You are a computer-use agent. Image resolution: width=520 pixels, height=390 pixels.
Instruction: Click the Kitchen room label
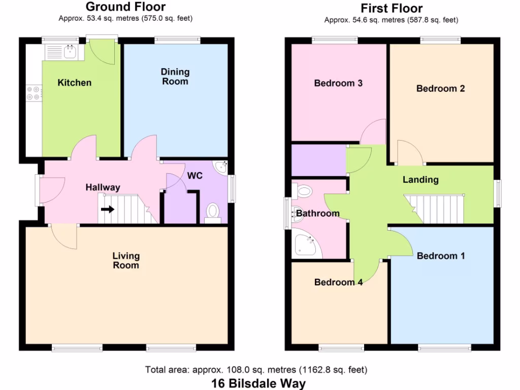[74, 83]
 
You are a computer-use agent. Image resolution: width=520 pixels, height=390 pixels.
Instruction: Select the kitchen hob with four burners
[34, 93]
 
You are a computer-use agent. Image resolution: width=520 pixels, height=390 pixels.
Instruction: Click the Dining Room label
[175, 77]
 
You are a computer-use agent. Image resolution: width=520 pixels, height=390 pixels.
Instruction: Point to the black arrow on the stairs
[107, 209]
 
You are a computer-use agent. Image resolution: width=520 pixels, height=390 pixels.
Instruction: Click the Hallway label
[103, 187]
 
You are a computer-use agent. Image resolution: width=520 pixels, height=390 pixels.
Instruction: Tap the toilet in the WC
[213, 212]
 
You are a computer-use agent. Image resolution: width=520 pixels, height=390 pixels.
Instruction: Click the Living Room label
[126, 261]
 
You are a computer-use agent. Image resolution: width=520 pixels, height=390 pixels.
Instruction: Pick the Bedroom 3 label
[338, 83]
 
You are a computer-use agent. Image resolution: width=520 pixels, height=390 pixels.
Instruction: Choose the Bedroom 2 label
[440, 88]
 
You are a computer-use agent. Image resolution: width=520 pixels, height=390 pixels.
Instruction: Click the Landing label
[420, 179]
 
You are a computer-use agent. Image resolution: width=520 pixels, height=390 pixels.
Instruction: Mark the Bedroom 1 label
[440, 256]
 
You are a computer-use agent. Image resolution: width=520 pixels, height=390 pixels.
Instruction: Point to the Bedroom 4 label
[338, 282]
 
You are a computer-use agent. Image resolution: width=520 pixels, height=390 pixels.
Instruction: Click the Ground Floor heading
[125, 7]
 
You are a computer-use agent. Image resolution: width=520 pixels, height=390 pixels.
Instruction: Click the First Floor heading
[391, 8]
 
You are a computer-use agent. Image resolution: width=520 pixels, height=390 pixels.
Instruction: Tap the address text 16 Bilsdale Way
[259, 382]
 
